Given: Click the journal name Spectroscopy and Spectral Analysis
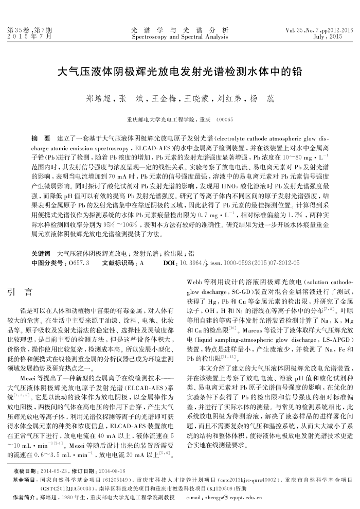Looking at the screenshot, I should tap(180, 38).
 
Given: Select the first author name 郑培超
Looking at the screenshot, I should tap(96, 98).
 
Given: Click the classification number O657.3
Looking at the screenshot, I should tap(79, 263).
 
